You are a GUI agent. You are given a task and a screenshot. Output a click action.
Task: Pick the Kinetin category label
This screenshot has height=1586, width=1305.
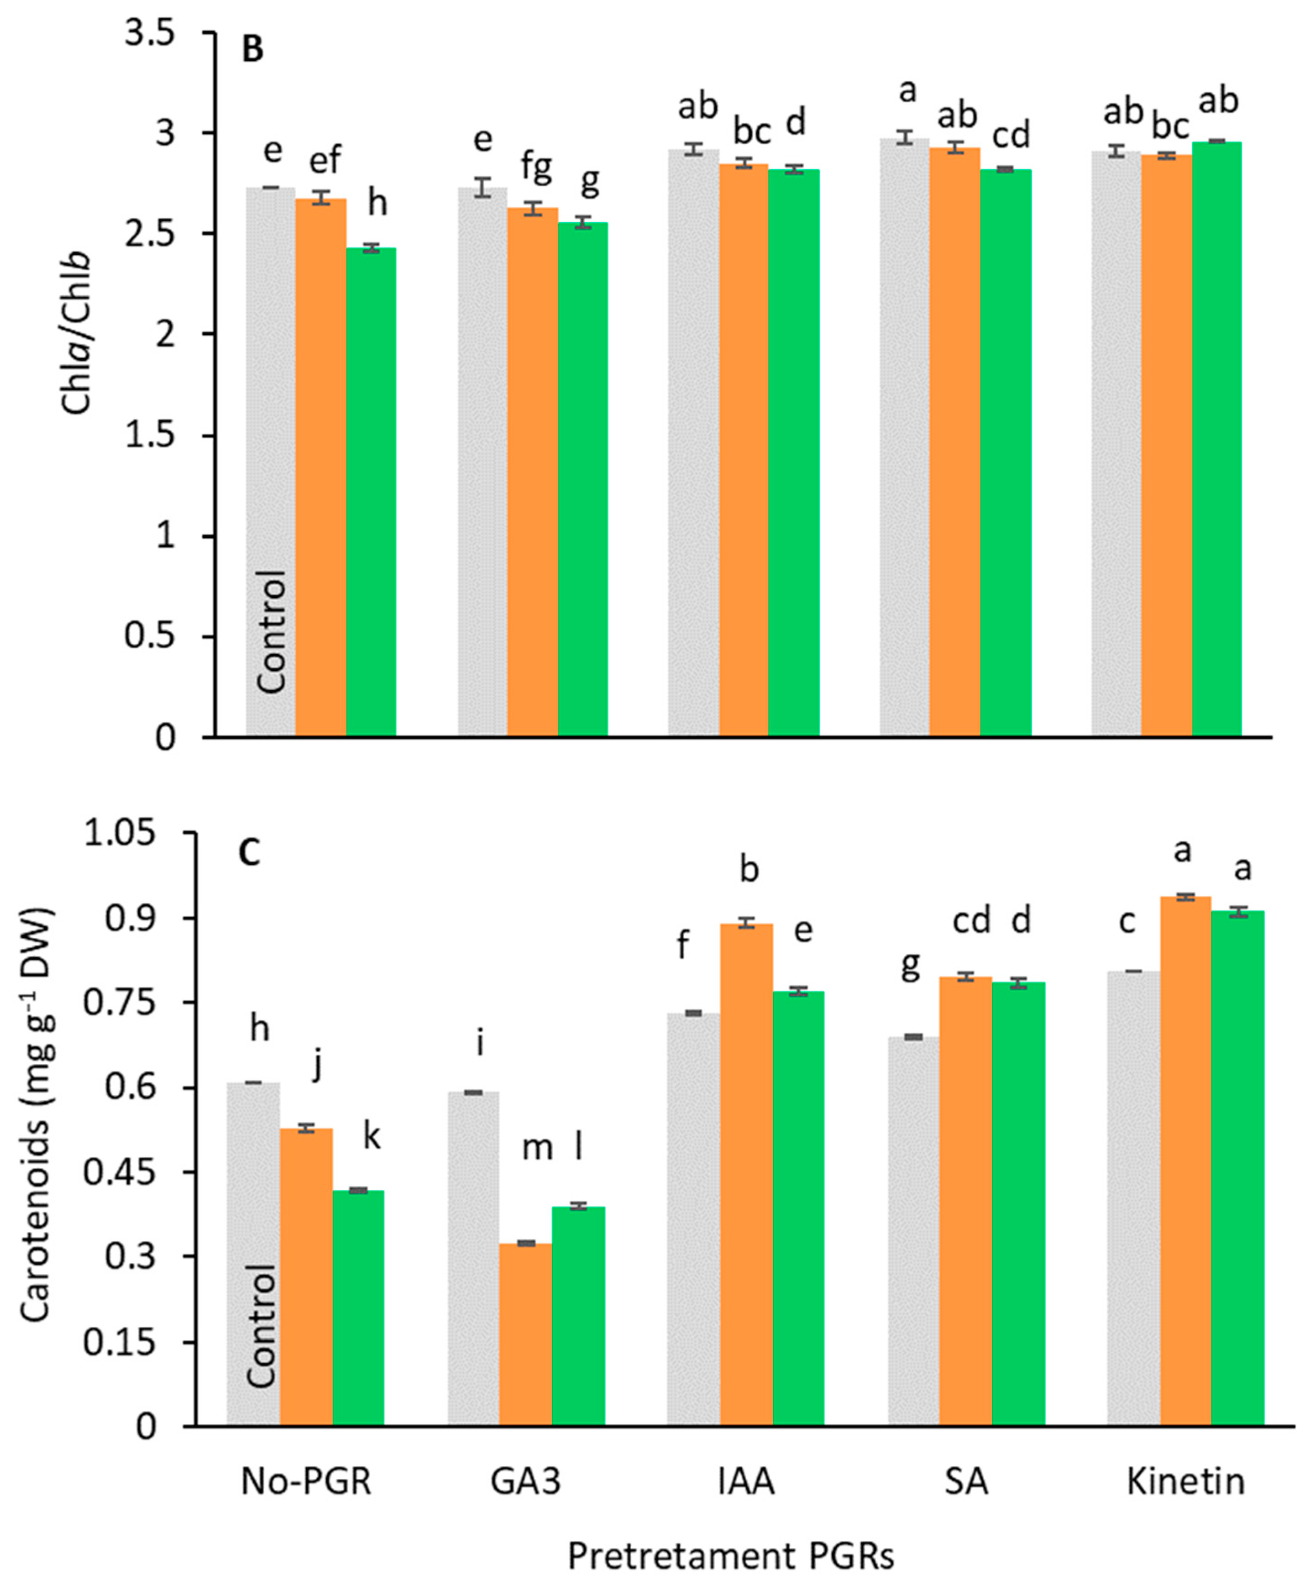click(1185, 1481)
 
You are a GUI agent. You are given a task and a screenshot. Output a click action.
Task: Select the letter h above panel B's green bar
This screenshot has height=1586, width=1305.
click(377, 203)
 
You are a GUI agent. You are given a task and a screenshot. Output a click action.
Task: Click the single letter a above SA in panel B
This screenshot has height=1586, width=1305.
click(908, 91)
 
